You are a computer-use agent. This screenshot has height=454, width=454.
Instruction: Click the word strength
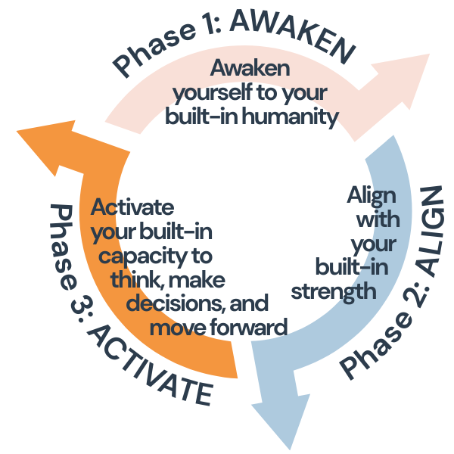[x=344, y=290]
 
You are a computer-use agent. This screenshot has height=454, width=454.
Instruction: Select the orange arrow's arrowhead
[x=45, y=148]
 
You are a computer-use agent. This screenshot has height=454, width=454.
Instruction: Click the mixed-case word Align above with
[x=372, y=194]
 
